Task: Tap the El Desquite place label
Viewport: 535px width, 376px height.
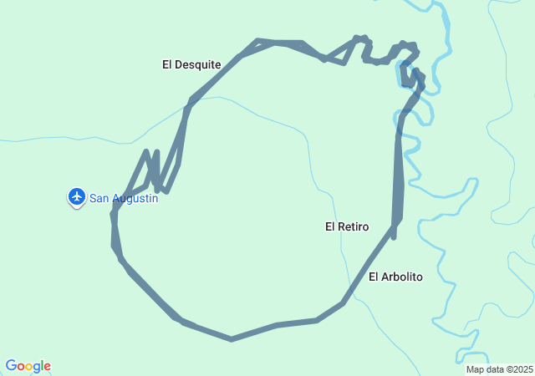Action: [x=191, y=64]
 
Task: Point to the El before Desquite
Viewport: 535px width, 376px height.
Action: [x=167, y=64]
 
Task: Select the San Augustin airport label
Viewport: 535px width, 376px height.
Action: [x=123, y=198]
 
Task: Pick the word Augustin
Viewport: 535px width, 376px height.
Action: [x=135, y=198]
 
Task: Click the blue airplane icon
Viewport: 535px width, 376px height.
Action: [x=76, y=196]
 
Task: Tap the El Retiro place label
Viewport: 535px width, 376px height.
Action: [x=347, y=226]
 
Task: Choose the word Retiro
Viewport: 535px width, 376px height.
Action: [x=354, y=226]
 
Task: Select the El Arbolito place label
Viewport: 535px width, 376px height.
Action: [x=395, y=277]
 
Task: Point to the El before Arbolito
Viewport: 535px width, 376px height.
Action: [x=374, y=277]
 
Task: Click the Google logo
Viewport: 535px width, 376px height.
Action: [x=28, y=366]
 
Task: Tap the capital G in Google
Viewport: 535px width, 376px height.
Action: [x=11, y=366]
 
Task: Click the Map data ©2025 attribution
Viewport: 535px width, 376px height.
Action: [x=499, y=369]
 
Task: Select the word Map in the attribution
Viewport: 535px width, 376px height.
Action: [x=475, y=369]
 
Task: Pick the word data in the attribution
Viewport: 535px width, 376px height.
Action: [x=493, y=369]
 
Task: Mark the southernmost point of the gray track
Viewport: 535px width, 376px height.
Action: [x=232, y=339]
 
